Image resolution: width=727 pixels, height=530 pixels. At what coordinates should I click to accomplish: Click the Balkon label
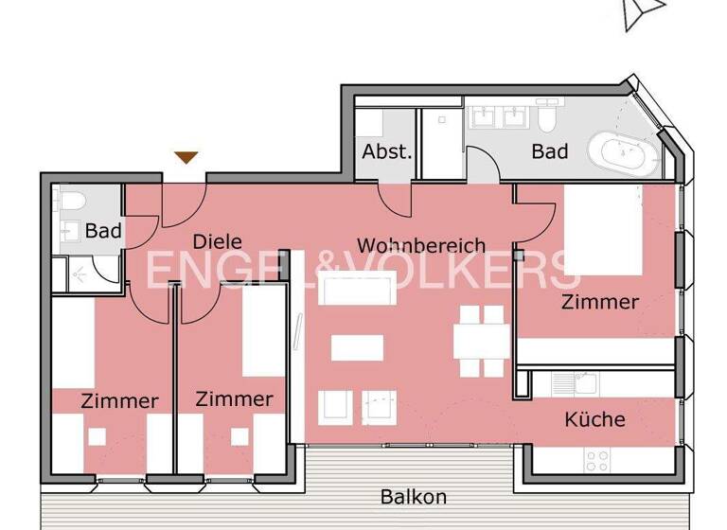click(414, 497)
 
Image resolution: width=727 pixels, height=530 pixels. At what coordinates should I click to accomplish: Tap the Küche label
click(594, 419)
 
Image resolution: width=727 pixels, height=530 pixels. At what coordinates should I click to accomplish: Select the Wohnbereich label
click(420, 246)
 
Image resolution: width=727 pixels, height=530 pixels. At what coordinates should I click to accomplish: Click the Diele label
click(218, 241)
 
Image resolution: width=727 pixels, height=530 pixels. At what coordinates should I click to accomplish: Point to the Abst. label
click(387, 151)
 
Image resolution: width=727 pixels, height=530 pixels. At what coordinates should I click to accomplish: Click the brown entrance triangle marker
click(186, 157)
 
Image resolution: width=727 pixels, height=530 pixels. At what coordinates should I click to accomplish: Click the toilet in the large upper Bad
click(547, 118)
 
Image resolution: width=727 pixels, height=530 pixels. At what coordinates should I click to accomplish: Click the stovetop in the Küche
click(597, 460)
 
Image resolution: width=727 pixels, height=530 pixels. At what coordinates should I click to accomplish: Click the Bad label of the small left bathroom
click(103, 231)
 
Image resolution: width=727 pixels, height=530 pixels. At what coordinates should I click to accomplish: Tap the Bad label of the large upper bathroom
click(549, 151)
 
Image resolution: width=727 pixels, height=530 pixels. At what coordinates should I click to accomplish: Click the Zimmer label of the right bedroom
click(599, 303)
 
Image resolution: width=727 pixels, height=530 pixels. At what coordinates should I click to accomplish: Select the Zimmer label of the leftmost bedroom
click(119, 401)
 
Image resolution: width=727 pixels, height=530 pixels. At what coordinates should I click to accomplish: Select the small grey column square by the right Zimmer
click(518, 255)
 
